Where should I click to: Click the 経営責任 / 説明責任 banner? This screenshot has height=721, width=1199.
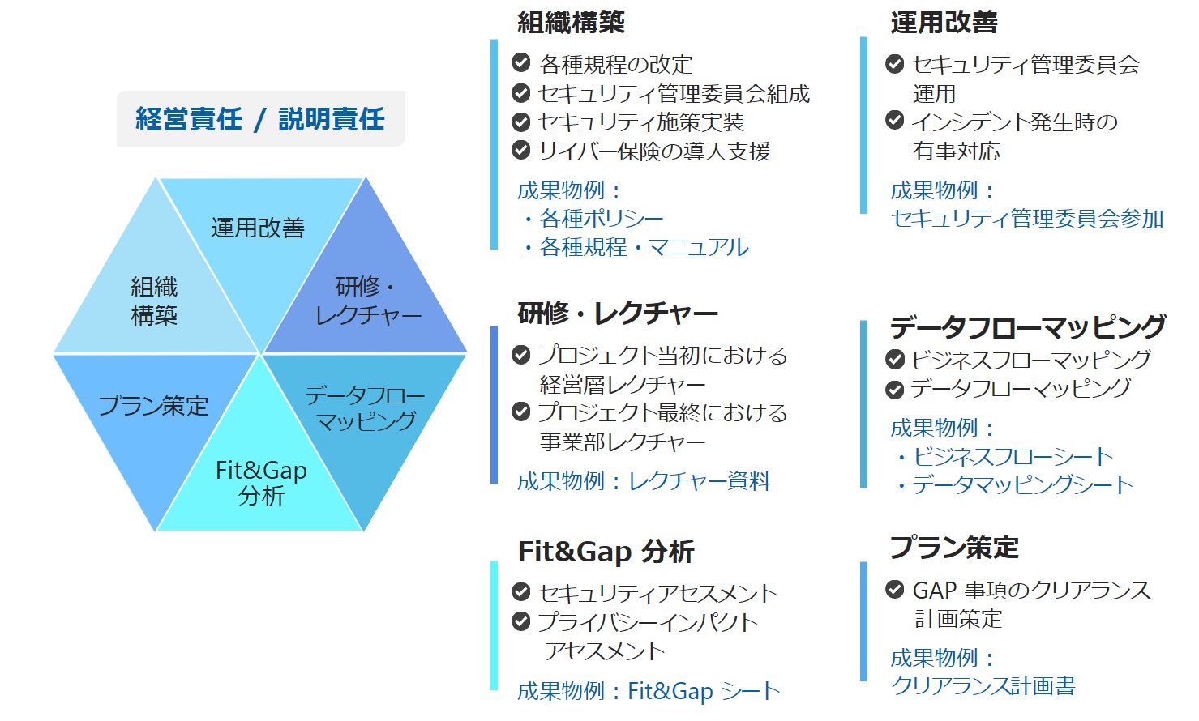click(260, 118)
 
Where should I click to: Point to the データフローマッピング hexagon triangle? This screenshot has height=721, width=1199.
click(365, 412)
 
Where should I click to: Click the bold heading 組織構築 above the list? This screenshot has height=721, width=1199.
click(571, 23)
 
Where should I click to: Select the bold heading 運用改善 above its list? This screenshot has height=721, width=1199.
click(944, 23)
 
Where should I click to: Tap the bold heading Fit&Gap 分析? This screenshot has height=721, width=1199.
click(606, 552)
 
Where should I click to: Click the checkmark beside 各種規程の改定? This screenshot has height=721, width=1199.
click(520, 62)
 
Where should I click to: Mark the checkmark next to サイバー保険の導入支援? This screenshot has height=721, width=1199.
click(520, 150)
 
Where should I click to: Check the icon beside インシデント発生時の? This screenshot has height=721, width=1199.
click(894, 120)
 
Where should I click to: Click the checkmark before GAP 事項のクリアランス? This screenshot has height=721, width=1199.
click(894, 590)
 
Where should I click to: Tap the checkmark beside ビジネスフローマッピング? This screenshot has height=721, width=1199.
click(894, 359)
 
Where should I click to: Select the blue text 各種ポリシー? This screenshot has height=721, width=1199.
click(602, 219)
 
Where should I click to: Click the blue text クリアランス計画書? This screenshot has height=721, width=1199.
click(983, 685)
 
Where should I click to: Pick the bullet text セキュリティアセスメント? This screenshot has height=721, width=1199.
click(657, 593)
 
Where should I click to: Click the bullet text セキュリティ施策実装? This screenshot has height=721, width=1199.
click(641, 122)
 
